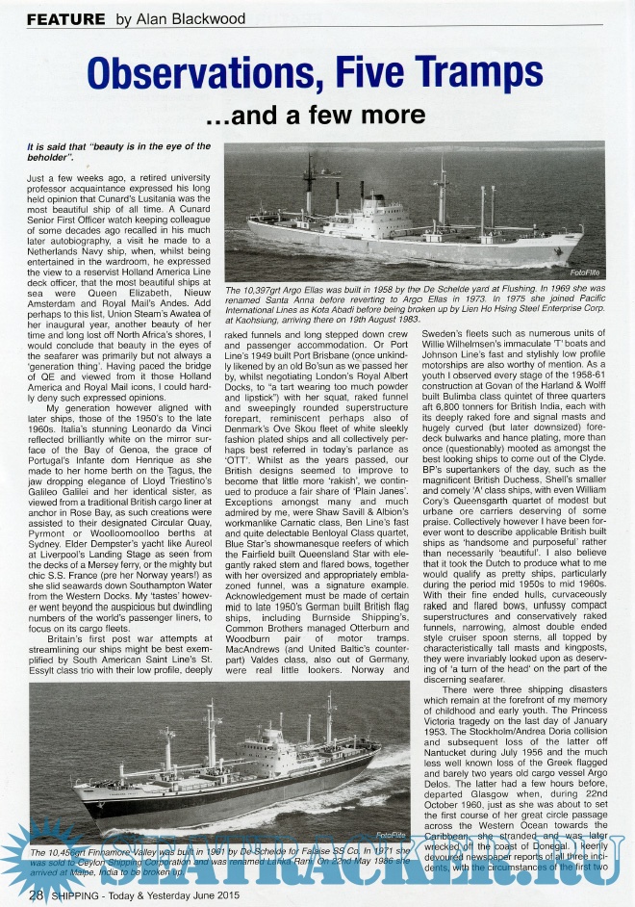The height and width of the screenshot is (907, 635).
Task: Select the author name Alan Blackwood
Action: [x=192, y=19]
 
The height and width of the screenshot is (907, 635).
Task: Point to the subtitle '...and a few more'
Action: [x=317, y=116]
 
